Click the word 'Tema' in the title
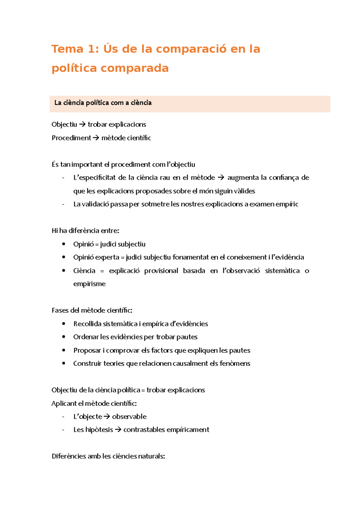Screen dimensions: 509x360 coord(67,49)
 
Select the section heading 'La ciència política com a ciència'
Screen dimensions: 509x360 coord(103,103)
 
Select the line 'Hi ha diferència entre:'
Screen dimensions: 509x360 coord(85,231)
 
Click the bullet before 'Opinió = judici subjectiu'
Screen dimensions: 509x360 coord(64,244)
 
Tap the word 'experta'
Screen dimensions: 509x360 coord(107,257)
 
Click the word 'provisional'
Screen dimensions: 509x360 coord(161,271)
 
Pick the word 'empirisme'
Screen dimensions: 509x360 coord(89,284)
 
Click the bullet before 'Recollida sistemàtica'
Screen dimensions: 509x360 coord(64,324)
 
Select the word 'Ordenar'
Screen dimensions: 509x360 coord(86,337)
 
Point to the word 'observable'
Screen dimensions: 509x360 coord(129,417)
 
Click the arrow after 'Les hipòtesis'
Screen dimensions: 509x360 coord(118,430)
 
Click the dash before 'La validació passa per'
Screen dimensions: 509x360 coord(63,204)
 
